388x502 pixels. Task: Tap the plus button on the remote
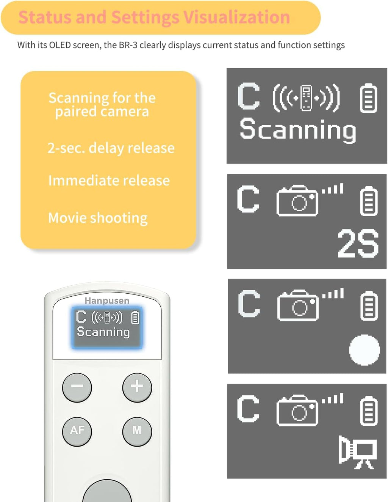pos(137,387)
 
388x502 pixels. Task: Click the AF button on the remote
pos(77,430)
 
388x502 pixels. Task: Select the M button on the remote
pos(137,430)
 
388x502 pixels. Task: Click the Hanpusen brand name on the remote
pos(107,301)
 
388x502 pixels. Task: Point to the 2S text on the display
pos(358,244)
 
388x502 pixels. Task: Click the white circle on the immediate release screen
pos(364,350)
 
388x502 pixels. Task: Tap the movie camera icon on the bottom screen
pos(357,452)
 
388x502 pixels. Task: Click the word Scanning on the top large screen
pos(298,130)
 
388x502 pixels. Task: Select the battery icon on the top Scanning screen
pos(368,99)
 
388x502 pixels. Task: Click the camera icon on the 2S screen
pos(298,201)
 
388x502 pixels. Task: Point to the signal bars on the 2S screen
pos(333,189)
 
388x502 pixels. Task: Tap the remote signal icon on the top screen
pos(306,98)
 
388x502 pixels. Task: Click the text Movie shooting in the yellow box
pos(98,218)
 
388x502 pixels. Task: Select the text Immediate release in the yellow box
pos(109,181)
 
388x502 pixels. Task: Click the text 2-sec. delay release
pos(111,148)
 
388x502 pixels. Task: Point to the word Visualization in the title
pos(237,17)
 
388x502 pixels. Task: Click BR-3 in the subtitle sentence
pos(128,45)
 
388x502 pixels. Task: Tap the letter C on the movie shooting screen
pos(248,409)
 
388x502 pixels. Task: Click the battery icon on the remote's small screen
pos(135,318)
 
